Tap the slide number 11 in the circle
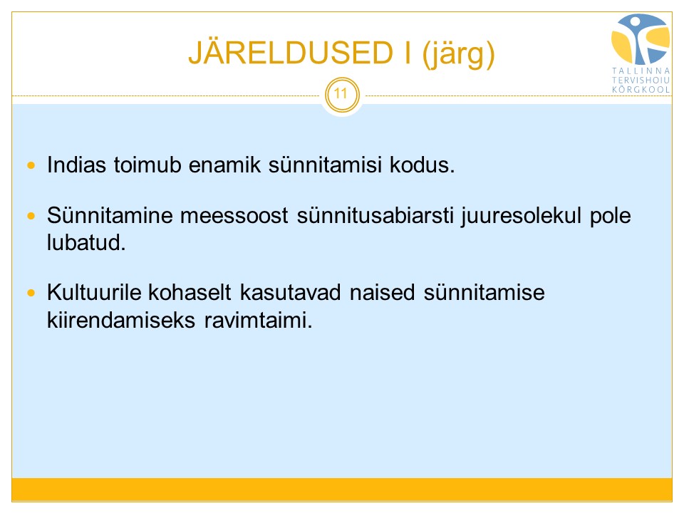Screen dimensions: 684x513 point(341,93)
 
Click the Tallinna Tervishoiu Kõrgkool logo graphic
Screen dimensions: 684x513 point(641,39)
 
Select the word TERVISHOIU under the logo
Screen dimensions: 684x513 point(641,81)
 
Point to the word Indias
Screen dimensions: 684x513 point(76,165)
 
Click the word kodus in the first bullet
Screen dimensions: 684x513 point(422,165)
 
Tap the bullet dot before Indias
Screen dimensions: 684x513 point(31,165)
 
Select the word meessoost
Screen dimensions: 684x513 point(234,215)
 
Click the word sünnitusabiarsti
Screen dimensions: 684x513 point(375,215)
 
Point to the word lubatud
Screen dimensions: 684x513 point(86,242)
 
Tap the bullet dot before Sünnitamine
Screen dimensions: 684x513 point(31,216)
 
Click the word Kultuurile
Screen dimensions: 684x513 point(94,292)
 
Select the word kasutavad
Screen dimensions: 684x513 point(290,292)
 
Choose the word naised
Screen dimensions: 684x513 point(382,292)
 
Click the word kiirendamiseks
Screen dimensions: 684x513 point(121,320)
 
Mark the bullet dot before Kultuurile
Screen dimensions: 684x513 point(31,293)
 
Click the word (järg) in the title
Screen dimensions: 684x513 point(458,53)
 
